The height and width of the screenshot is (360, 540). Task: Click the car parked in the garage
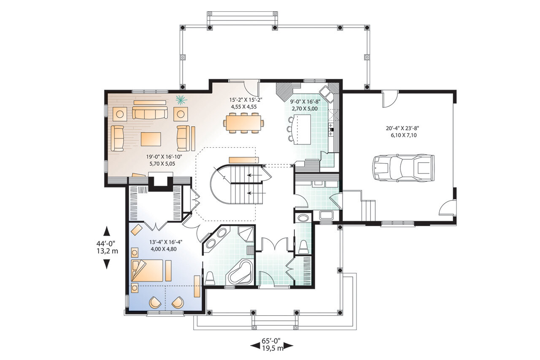tap(403, 168)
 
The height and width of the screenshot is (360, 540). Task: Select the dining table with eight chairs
tap(244, 123)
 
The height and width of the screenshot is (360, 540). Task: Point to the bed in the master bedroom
tap(147, 271)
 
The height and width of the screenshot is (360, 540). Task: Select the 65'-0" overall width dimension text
tap(272, 340)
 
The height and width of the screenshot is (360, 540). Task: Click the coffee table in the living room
tap(151, 138)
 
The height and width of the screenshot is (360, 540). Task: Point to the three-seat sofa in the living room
tap(150, 113)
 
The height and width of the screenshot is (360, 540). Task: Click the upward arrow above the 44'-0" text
tap(107, 231)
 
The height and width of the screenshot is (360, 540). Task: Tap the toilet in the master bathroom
tap(210, 278)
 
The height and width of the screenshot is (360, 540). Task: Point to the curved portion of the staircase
tap(219, 184)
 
